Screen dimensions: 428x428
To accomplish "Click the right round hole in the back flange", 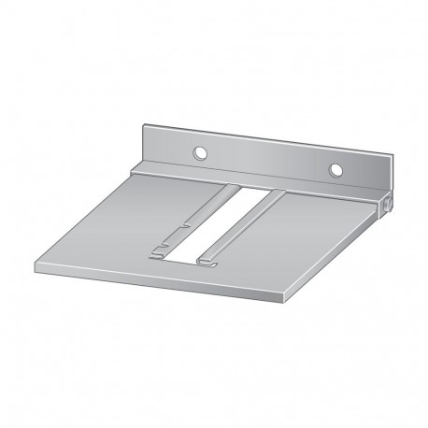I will [x=335, y=170].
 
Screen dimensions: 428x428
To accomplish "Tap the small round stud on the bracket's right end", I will [x=385, y=203].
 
